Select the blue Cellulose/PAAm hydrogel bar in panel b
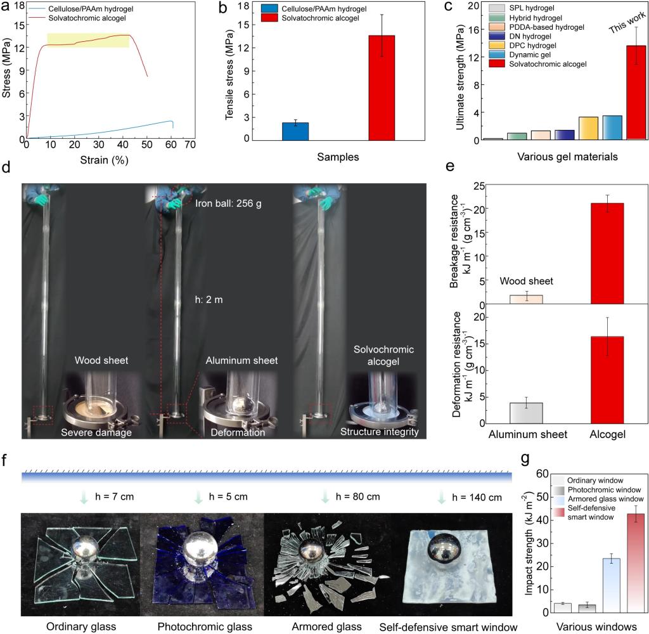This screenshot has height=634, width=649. (296, 131)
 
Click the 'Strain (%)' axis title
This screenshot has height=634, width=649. (104, 160)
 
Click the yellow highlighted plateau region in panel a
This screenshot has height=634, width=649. (88, 41)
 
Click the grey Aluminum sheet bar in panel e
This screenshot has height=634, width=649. (525, 413)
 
